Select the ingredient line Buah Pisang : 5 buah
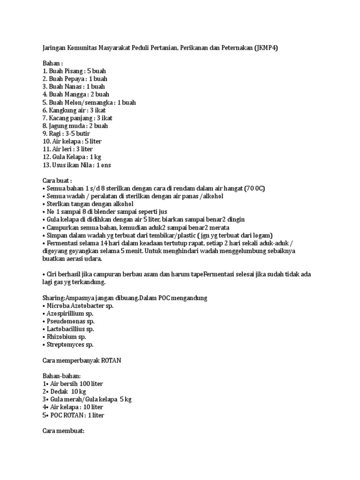pyautogui.click(x=74, y=71)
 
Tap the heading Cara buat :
pyautogui.click(x=57, y=180)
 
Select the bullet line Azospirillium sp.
pyautogui.click(x=70, y=314)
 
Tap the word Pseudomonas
pyautogui.click(x=66, y=322)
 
